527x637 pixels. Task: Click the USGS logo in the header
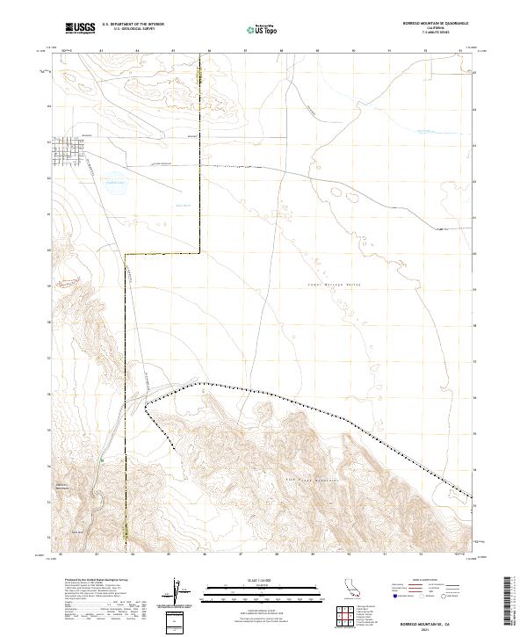80,28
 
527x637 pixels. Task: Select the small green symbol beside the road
102,460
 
